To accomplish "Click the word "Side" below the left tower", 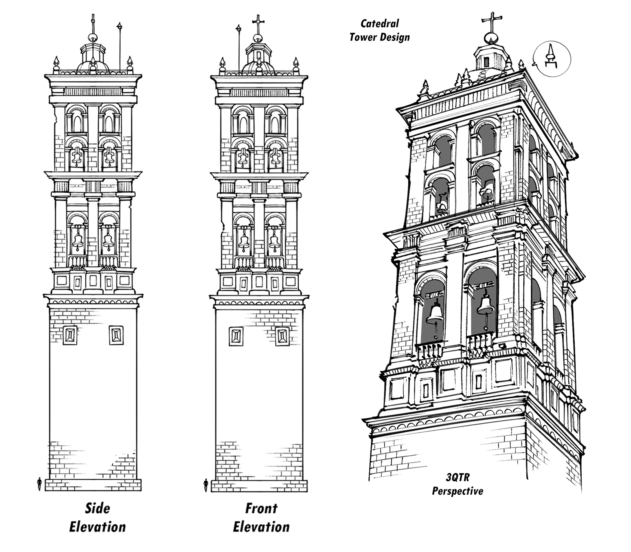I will pyautogui.click(x=97, y=508).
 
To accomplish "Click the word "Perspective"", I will pyautogui.click(x=457, y=491).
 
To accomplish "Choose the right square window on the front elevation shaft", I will pyautogui.click(x=282, y=336).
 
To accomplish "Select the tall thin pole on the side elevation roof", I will pyautogui.click(x=120, y=48).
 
